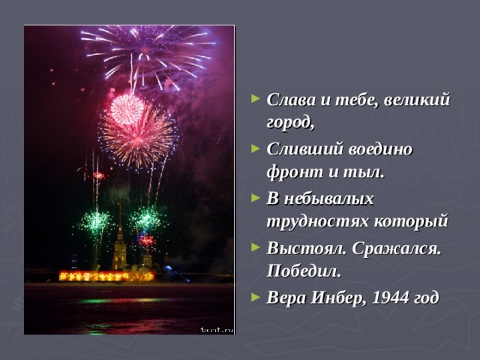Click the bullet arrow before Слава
[x=257, y=100]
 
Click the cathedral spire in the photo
[x=119, y=232]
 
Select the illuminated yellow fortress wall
[x=105, y=276]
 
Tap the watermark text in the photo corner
[x=217, y=329]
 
